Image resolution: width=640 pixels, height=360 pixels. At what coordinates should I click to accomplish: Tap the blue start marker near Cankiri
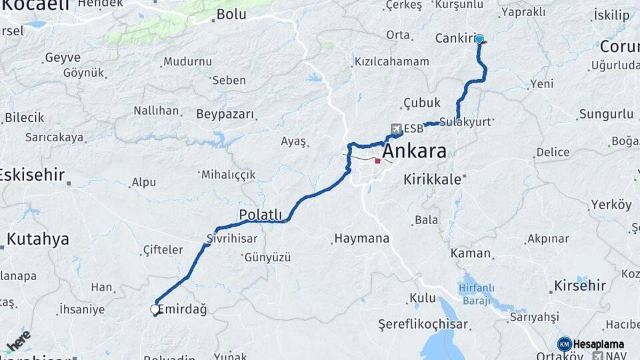pyautogui.click(x=479, y=39)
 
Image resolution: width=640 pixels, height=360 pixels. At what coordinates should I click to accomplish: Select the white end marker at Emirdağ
pyautogui.click(x=155, y=309)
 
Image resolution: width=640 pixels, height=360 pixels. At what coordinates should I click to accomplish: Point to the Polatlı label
pyautogui.click(x=261, y=215)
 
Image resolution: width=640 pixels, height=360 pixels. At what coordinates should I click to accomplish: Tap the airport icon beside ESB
pyautogui.click(x=396, y=129)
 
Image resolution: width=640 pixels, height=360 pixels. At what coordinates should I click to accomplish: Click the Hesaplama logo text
pyautogui.click(x=598, y=344)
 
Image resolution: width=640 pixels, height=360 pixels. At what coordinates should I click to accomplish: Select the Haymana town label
pyautogui.click(x=361, y=238)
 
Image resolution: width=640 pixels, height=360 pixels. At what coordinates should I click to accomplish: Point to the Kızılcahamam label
pyautogui.click(x=392, y=61)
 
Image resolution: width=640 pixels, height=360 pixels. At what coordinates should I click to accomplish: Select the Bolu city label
pyautogui.click(x=232, y=14)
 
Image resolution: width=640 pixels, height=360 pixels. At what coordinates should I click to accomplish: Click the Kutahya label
pyautogui.click(x=38, y=239)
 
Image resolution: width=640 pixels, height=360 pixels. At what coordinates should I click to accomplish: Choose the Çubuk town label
pyautogui.click(x=422, y=103)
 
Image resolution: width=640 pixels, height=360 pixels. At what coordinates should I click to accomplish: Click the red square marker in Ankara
pyautogui.click(x=377, y=160)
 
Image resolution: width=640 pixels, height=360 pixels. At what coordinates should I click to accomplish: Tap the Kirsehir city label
pyautogui.click(x=580, y=286)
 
